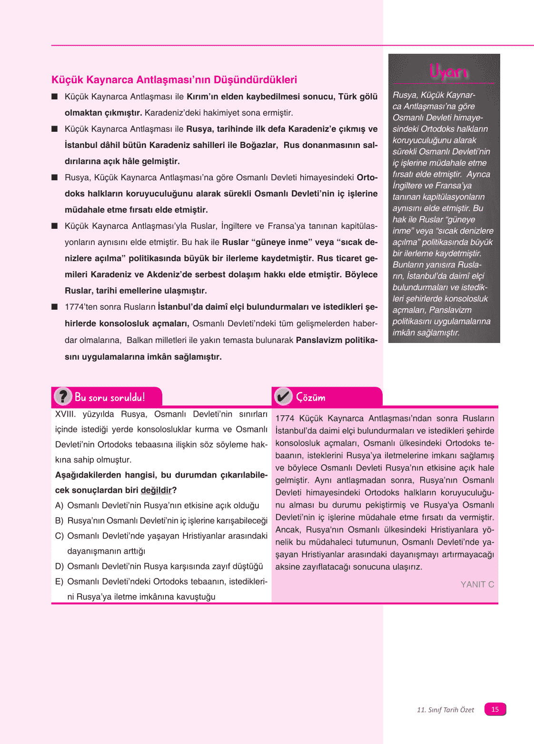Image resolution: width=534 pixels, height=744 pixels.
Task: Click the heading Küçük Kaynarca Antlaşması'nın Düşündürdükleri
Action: [x=174, y=80]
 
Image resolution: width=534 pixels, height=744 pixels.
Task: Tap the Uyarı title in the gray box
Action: [x=448, y=71]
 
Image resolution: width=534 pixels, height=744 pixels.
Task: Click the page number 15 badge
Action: [x=495, y=709]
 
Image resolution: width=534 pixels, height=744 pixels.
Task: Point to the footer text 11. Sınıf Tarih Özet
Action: [x=445, y=710]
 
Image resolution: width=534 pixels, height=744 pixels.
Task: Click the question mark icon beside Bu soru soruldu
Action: [x=63, y=396]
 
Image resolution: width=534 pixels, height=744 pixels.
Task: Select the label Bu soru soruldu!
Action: [x=109, y=397]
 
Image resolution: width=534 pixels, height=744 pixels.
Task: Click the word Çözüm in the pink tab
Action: [x=310, y=397]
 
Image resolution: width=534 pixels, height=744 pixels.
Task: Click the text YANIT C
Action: [x=477, y=584]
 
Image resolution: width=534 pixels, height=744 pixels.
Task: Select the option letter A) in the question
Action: [x=59, y=505]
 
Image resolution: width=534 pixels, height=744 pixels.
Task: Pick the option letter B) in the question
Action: [x=59, y=520]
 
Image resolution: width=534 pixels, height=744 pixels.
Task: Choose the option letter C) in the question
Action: [x=59, y=536]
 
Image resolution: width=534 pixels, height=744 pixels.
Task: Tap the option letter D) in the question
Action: [x=59, y=566]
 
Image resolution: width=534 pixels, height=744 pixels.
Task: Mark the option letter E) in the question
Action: [x=59, y=581]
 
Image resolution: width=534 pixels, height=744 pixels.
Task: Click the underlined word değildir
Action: [x=156, y=490]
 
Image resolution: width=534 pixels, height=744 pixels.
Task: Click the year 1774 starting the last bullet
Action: [x=74, y=307]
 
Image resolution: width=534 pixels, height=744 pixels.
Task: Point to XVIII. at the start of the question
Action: [x=65, y=414]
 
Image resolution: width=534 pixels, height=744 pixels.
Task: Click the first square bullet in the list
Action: [x=55, y=97]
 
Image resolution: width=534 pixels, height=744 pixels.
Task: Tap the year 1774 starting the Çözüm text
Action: [x=285, y=418]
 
